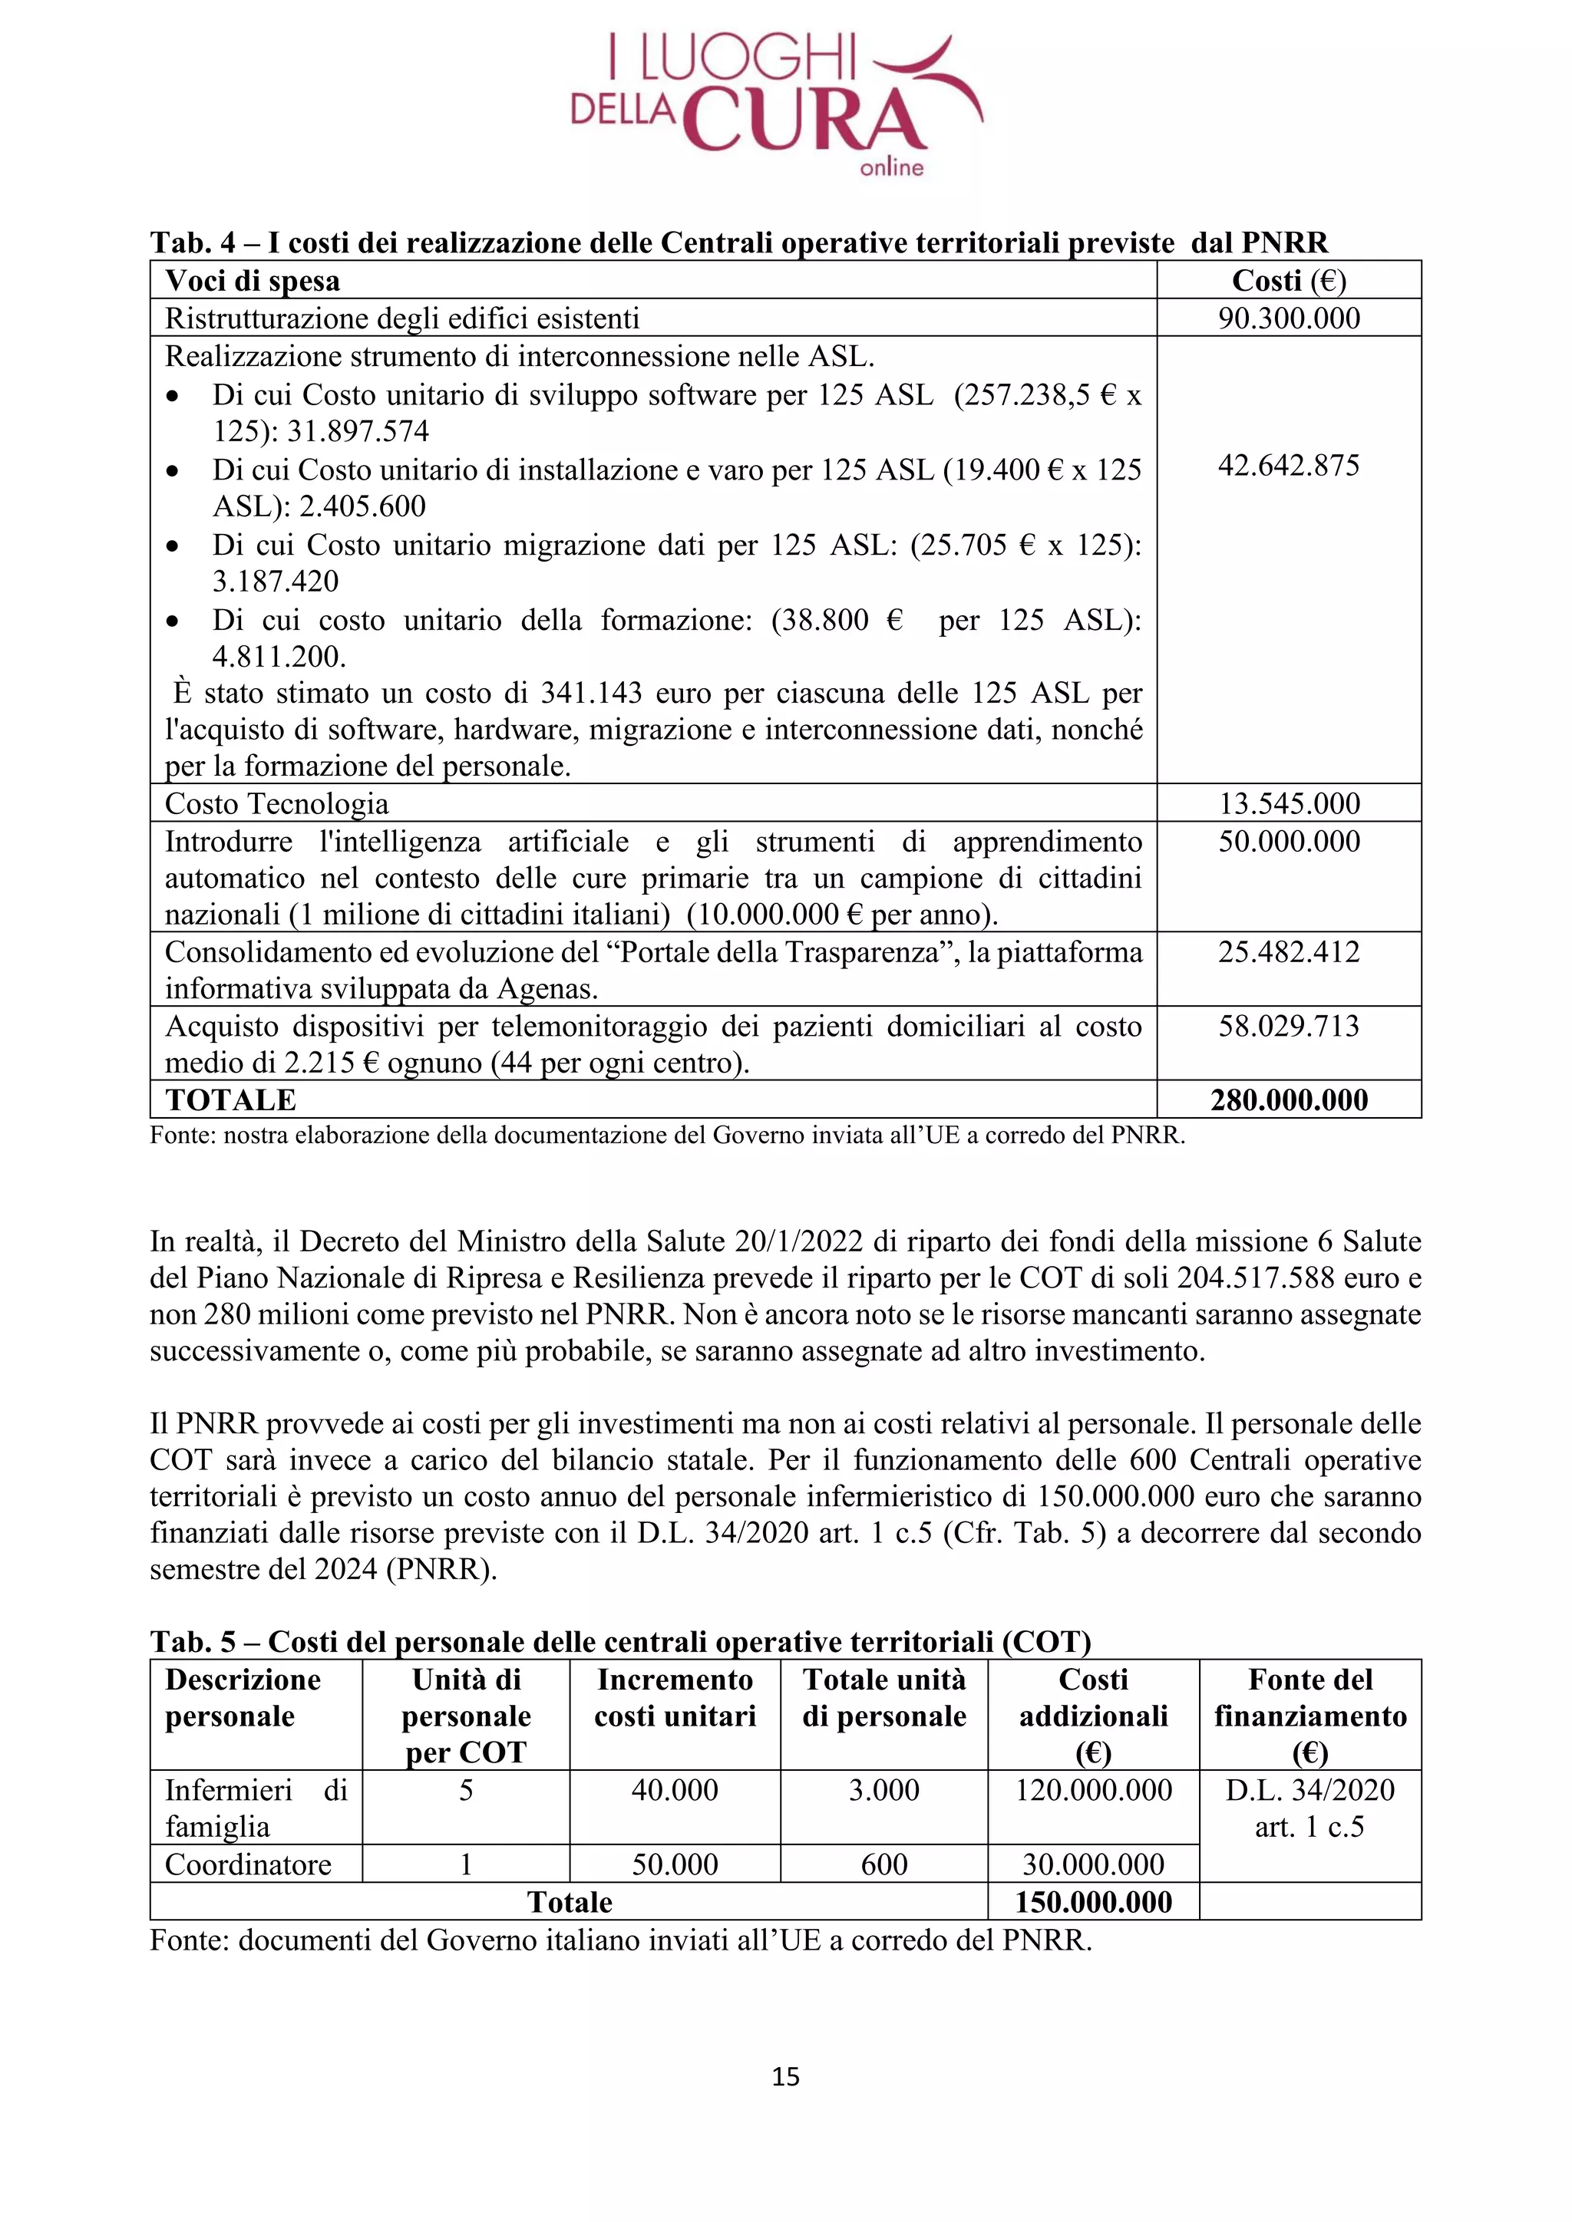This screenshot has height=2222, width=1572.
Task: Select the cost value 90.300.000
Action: click(x=1289, y=318)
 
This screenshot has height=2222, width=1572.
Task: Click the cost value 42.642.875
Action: click(x=1289, y=466)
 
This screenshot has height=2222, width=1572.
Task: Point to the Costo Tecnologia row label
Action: click(x=277, y=803)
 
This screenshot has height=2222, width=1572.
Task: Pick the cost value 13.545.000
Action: click(x=1289, y=803)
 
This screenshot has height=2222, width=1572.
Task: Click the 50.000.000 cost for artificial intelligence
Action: click(x=1289, y=841)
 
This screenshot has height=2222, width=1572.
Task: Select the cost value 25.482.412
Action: click(x=1289, y=951)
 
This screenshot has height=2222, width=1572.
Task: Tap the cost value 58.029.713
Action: click(x=1289, y=1026)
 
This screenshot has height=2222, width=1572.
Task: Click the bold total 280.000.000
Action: click(x=1289, y=1100)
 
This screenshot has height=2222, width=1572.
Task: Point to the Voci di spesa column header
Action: click(x=253, y=281)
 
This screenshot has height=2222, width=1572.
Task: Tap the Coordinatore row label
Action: click(x=248, y=1864)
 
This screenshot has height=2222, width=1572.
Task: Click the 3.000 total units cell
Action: click(x=883, y=1789)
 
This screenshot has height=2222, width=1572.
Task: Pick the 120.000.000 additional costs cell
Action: click(x=1093, y=1789)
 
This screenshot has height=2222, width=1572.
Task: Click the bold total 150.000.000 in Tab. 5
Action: click(x=1093, y=1902)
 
